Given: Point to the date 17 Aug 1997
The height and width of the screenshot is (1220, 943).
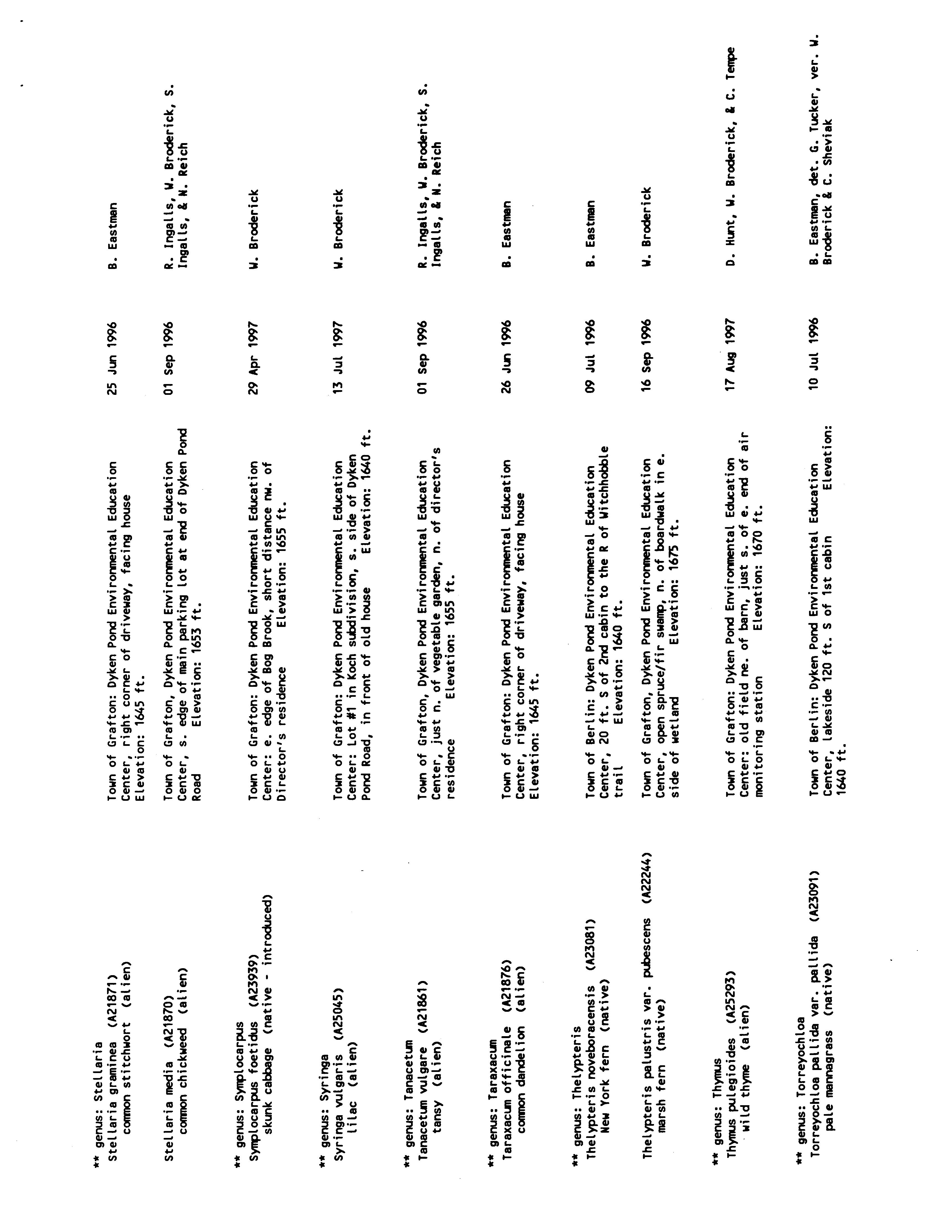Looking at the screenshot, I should (731, 357).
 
